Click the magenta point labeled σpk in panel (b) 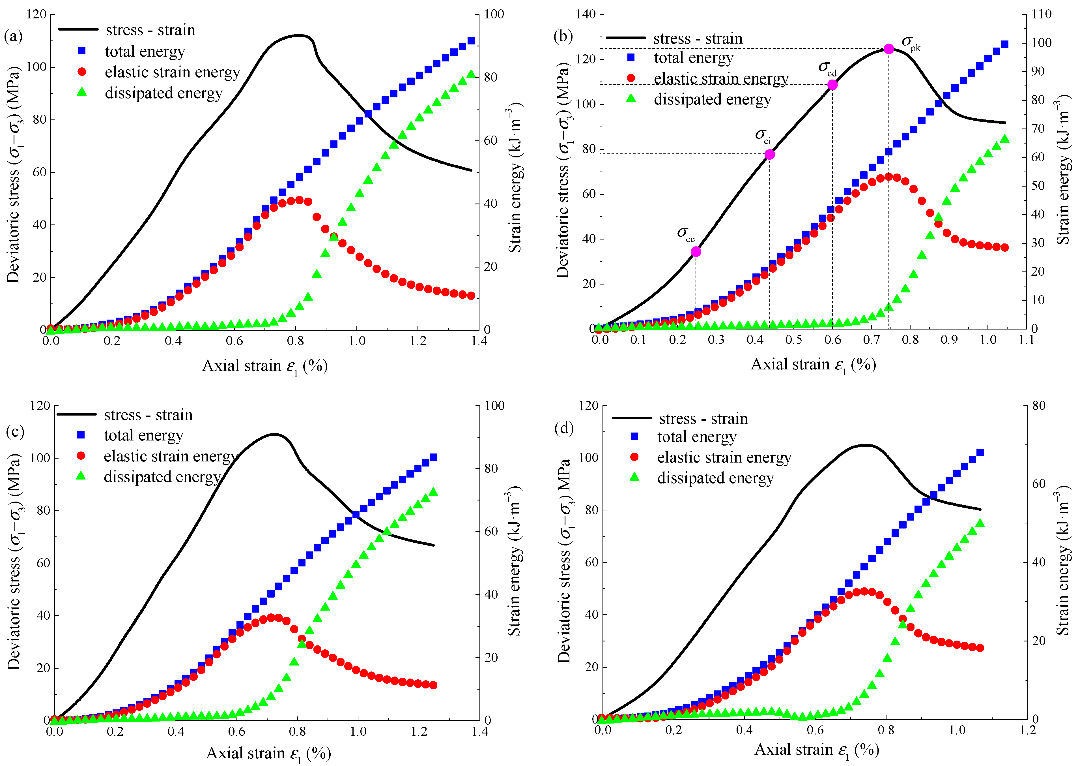coord(888,49)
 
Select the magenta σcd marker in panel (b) coord(832,85)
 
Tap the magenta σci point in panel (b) coord(770,154)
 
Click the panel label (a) coord(13,36)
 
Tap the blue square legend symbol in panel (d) coord(634,436)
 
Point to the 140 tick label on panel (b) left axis coord(586,14)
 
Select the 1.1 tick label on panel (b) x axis coord(1026,340)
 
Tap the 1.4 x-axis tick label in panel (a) coord(479,341)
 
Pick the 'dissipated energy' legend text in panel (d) coord(716,478)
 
